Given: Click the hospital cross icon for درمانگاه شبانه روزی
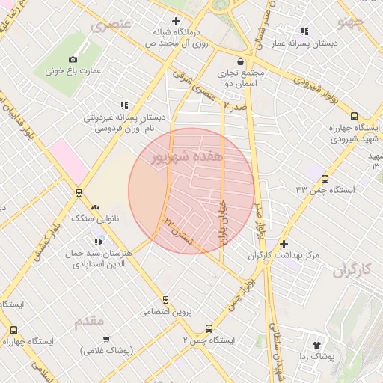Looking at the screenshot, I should (176, 21).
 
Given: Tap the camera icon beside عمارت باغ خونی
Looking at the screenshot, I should (73, 59).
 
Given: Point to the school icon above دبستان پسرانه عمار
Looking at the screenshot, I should (304, 31).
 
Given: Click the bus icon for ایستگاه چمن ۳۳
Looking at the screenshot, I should (324, 179).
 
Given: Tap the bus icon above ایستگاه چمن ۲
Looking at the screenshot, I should (209, 328).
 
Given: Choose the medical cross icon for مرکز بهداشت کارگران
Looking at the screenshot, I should (284, 244).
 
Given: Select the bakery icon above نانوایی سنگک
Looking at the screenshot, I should (95, 207).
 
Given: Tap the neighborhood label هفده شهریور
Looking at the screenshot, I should (187, 158).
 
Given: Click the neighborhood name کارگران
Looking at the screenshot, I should (349, 269).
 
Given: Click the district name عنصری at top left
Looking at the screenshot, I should (111, 26).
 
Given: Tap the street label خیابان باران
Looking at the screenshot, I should (222, 217).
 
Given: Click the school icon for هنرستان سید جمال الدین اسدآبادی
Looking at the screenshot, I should (98, 242).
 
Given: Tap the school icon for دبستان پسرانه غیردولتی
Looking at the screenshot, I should (123, 105).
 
